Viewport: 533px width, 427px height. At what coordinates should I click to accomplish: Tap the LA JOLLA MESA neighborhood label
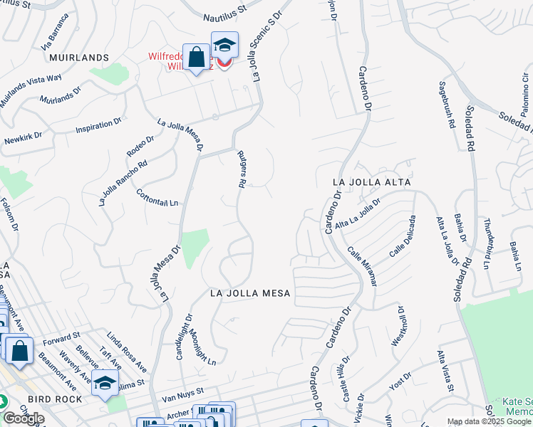click(x=250, y=293)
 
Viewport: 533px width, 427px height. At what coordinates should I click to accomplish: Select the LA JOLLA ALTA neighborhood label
click(x=372, y=182)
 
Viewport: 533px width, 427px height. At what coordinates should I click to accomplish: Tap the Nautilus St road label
click(x=222, y=9)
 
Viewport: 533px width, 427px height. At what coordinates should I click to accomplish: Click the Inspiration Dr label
click(x=99, y=127)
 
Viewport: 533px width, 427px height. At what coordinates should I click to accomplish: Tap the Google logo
click(x=24, y=418)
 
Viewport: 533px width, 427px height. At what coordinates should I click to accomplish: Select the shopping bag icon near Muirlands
click(x=196, y=56)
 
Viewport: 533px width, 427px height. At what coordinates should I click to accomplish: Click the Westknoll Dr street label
click(x=398, y=326)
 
